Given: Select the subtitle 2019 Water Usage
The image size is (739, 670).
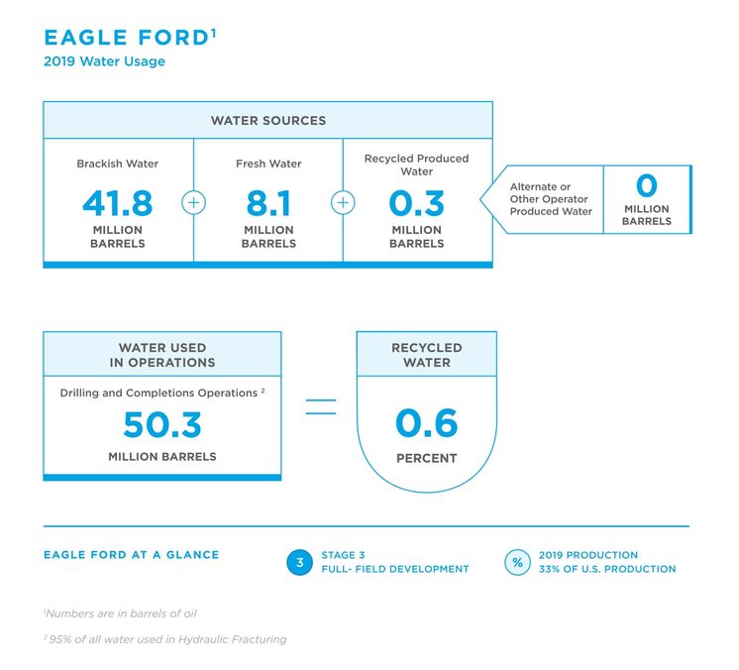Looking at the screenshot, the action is pos(104,61).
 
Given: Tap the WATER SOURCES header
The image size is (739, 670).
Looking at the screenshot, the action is pos(268,121).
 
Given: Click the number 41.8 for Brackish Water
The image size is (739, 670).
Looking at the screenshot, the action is pos(117,203).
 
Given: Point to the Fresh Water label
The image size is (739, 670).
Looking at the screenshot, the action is pos(268,164).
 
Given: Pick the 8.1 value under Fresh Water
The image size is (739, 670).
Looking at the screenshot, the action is pos(268,203).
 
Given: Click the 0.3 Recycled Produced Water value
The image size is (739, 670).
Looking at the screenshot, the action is pos(417,203).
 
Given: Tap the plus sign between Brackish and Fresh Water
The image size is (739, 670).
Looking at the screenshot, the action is pos(194,203).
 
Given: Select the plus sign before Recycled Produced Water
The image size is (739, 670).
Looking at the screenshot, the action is pos(343,203).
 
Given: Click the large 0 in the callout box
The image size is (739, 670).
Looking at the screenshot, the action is pos(647,185).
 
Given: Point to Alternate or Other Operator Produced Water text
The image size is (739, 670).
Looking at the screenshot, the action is pos(551,199).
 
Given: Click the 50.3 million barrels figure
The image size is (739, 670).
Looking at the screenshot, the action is pos(162,424).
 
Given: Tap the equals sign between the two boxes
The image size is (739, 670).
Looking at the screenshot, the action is pos(321,407).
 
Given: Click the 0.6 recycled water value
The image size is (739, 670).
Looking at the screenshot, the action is pos(427,423).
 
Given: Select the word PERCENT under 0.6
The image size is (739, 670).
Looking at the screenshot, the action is pos(427,458).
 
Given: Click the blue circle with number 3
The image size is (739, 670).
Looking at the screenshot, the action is pos(299,563).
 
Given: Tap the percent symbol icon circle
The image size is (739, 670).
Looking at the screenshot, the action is pos(517,563).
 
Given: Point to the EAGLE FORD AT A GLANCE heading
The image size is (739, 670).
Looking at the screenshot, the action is pos(132,555).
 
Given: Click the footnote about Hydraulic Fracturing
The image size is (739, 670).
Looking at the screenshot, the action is pos(165,639).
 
